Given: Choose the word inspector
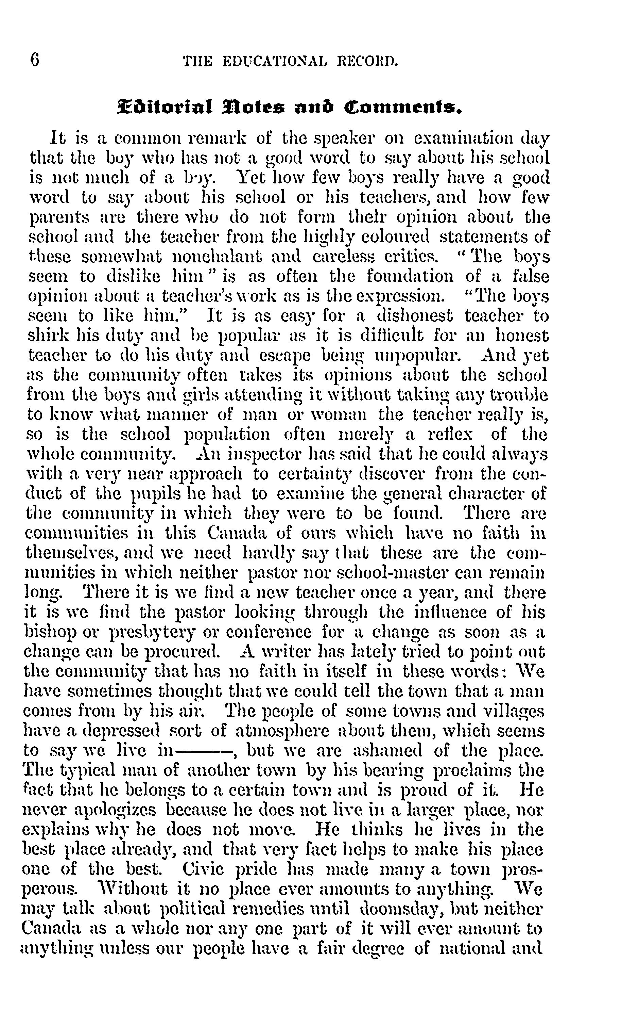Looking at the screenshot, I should pos(253,454).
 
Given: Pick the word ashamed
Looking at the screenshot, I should pos(387,750).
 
